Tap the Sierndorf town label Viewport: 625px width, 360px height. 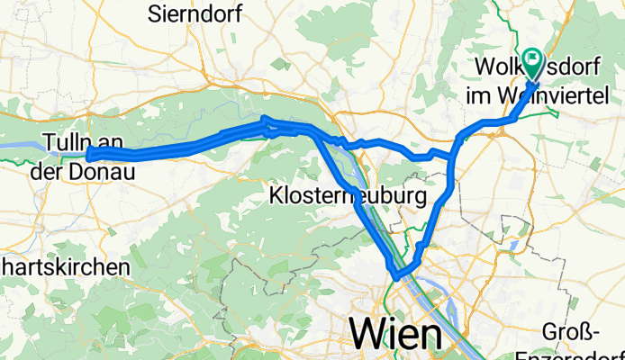[x=190, y=13]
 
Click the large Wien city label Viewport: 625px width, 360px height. [x=395, y=334]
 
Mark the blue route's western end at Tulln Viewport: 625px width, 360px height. [x=91, y=156]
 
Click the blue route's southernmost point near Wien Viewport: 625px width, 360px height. [x=395, y=276]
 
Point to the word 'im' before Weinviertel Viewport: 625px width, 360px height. [x=477, y=94]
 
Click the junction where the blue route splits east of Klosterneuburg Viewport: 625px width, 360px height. [x=449, y=158]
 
